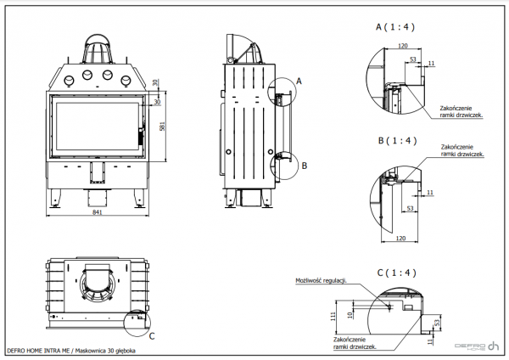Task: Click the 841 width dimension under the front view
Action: click(98, 212)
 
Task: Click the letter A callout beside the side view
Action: click(299, 81)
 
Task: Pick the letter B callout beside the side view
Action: click(304, 167)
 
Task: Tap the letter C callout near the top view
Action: click(151, 335)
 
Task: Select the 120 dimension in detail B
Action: click(403, 238)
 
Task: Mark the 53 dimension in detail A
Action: click(412, 59)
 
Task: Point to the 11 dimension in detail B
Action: click(430, 193)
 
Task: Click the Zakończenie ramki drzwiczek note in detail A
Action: click(461, 110)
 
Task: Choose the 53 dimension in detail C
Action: click(436, 323)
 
